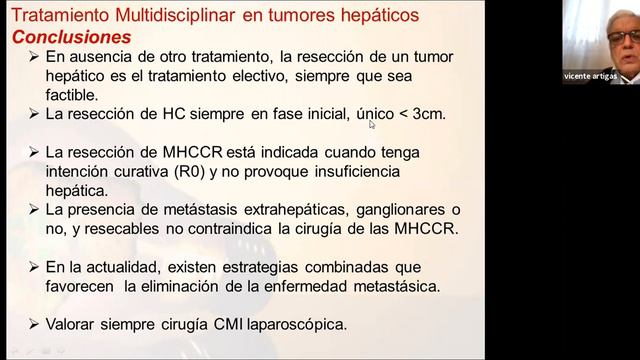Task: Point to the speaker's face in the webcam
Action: click(x=614, y=37)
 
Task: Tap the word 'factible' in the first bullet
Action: click(x=71, y=95)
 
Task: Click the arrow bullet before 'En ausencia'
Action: click(x=35, y=57)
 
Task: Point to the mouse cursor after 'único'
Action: click(x=371, y=124)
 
